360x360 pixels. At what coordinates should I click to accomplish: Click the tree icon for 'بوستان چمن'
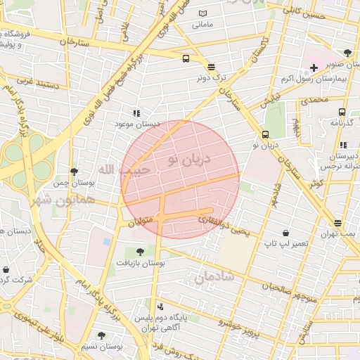(74, 172)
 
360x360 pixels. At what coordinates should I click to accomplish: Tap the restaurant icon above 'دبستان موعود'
(136, 112)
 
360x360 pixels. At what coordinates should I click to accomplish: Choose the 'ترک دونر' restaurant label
(212, 78)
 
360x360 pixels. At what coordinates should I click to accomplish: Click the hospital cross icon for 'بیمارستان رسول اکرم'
(313, 67)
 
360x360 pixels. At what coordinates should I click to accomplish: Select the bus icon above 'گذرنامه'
(342, 112)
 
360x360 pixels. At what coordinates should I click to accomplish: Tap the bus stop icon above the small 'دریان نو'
(265, 134)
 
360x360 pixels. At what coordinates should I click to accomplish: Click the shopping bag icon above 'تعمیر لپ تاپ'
(285, 233)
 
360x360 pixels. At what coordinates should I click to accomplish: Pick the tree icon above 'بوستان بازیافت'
(141, 251)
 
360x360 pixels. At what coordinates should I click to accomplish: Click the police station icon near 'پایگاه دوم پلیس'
(160, 307)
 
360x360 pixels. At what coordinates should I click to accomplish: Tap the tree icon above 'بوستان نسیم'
(101, 335)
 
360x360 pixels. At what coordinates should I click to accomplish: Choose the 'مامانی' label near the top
(202, 25)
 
